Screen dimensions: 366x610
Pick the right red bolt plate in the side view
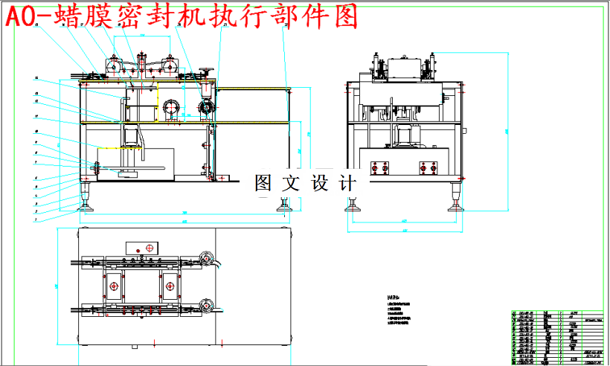coord(428,168)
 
